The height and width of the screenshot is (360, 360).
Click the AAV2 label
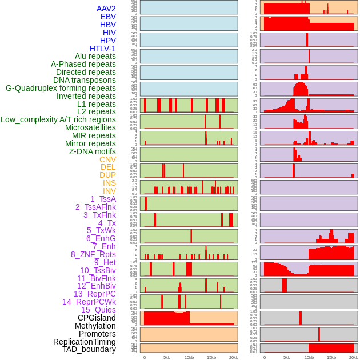(106, 9)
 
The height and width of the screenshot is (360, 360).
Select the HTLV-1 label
(103, 49)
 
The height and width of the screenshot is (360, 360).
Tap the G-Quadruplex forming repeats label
(61, 88)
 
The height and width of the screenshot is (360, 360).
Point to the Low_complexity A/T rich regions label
(58, 119)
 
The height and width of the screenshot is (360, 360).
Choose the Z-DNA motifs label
(93, 151)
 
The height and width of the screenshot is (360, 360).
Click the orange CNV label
(107, 159)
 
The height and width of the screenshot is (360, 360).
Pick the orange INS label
(109, 183)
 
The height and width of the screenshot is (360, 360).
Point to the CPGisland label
(97, 318)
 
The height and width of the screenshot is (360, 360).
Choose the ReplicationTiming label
(84, 342)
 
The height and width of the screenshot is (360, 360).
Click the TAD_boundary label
(89, 349)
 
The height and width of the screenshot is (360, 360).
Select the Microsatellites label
(90, 127)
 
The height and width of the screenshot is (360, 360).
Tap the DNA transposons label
(85, 80)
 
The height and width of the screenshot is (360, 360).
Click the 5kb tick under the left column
(167, 357)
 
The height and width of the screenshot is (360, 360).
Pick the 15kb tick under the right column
(331, 357)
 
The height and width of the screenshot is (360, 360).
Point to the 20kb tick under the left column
(234, 357)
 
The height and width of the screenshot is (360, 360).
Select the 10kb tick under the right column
(309, 357)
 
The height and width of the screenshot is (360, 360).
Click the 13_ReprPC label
(95, 294)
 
